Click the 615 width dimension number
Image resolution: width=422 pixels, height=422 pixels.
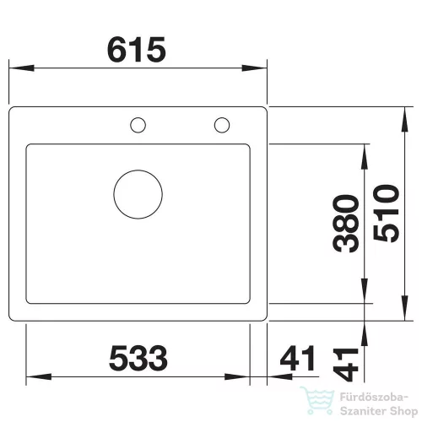coord(137,50)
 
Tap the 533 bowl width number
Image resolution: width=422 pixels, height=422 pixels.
coord(138,358)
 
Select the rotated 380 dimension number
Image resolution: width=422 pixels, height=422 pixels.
coord(346,224)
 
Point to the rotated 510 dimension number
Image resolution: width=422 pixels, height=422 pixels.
coord(386,214)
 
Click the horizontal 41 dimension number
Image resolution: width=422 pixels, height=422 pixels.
coord(298,358)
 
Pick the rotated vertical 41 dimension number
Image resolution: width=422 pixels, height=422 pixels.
coord(346,365)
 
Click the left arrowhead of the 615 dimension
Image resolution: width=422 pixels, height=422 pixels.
coord(22,68)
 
